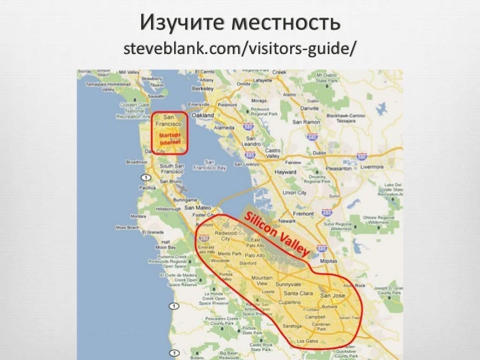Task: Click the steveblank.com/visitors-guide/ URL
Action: tap(239, 48)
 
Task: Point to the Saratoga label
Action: tap(274, 326)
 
